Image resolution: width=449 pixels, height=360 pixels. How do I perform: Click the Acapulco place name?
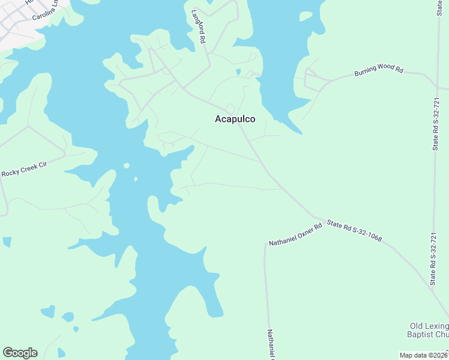tap(235, 119)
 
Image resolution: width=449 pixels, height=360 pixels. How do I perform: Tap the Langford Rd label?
tap(199, 26)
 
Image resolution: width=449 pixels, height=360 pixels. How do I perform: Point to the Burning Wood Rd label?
tap(378, 70)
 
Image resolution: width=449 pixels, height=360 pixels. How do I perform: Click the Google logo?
tap(20, 353)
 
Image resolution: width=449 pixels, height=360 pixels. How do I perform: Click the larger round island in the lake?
tap(127, 166)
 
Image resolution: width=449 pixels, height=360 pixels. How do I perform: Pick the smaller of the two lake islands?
tap(136, 178)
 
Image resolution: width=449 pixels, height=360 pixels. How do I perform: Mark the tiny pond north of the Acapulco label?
tap(238, 72)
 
